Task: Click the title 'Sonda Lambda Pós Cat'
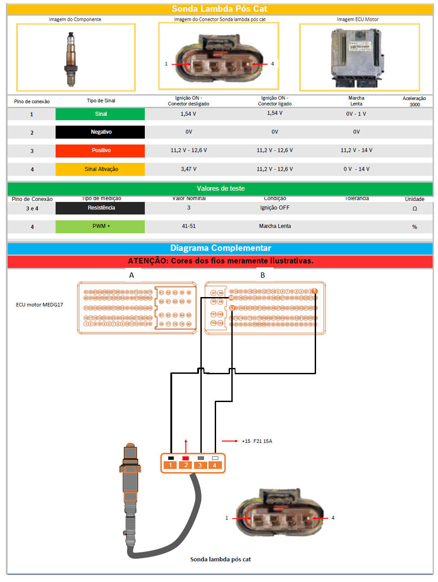[x=219, y=9]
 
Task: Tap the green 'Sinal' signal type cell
[x=100, y=114]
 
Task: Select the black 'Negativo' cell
[x=100, y=132]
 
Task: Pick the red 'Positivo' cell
[x=100, y=150]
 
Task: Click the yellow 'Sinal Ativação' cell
[x=100, y=169]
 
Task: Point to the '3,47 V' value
[x=188, y=169]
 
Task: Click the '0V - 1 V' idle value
[x=356, y=114]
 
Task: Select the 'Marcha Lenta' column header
[x=356, y=101]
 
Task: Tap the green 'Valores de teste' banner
[x=220, y=188]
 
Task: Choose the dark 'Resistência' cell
[x=100, y=208]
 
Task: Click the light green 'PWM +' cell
[x=100, y=226]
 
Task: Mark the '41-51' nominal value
[x=188, y=226]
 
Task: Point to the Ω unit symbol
[x=414, y=209]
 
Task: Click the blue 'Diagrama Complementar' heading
[x=220, y=248]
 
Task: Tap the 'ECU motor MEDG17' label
[x=39, y=305]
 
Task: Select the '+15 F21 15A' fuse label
[x=257, y=441]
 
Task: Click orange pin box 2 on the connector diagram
[x=186, y=465]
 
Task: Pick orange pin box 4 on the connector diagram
[x=214, y=465]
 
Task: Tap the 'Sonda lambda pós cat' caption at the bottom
[x=220, y=559]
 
